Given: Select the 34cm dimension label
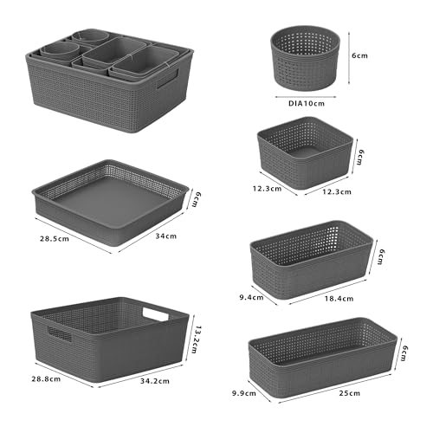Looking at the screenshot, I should point(165,236).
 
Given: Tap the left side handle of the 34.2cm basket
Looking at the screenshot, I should point(58,333).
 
